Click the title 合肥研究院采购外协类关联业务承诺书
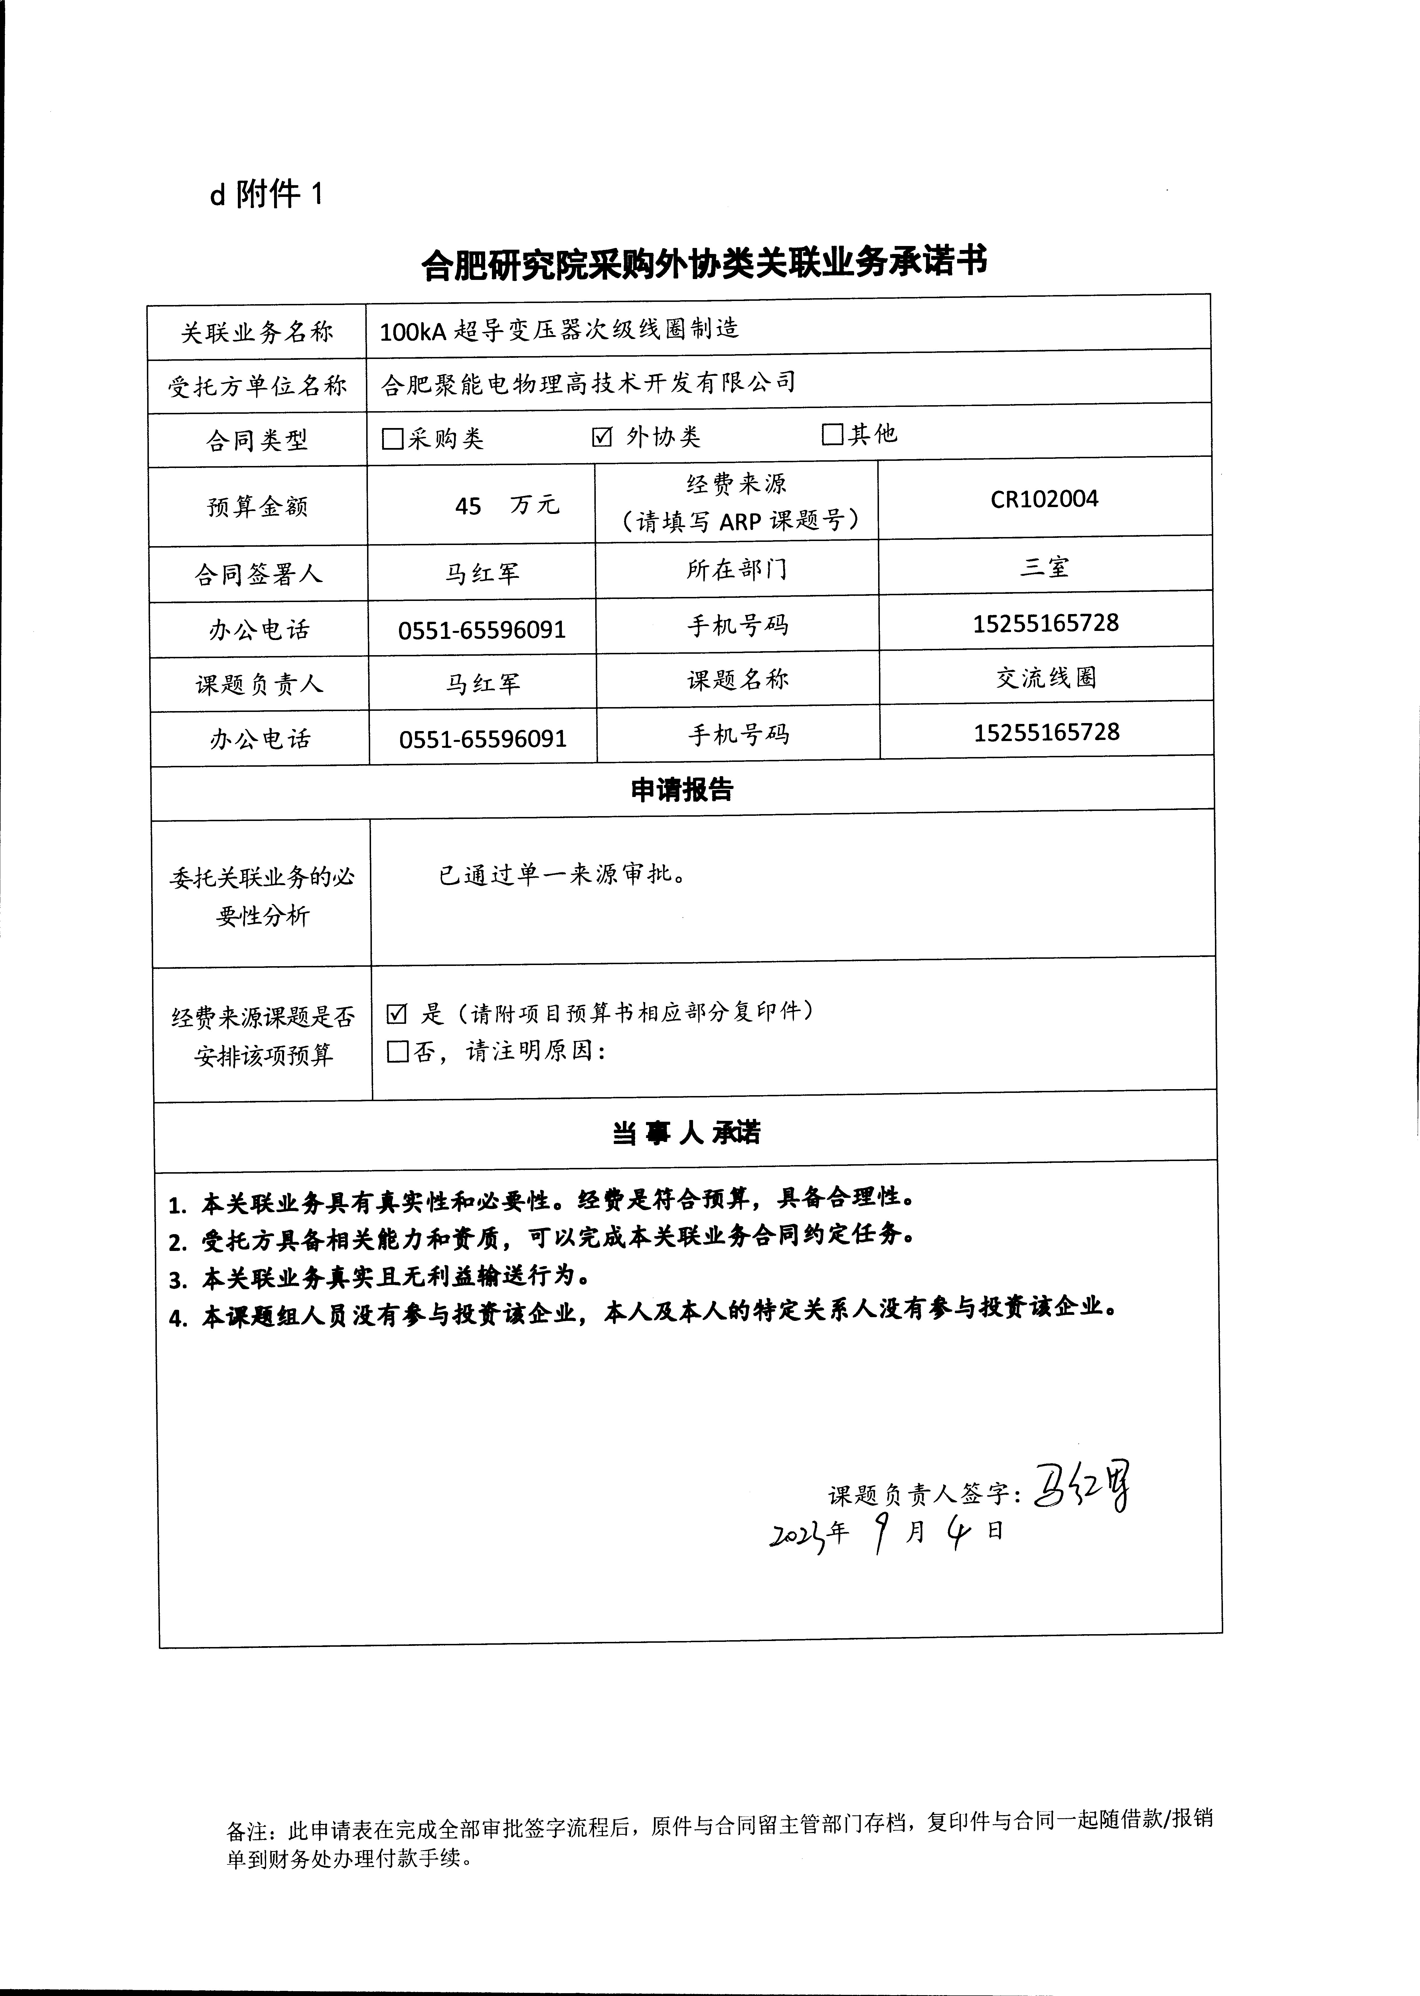704,263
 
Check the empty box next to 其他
832,434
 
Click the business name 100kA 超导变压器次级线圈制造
560,329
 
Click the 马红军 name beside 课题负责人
483,683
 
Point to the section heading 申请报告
682,790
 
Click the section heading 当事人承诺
686,1133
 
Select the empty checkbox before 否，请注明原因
398,1051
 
